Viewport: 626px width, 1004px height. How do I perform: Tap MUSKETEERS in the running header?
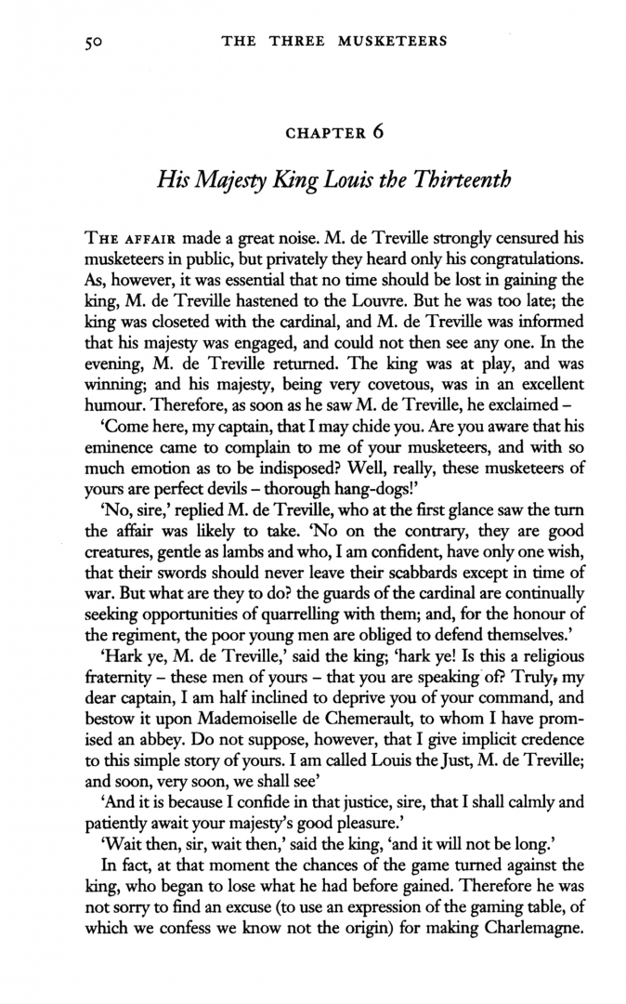(390, 40)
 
